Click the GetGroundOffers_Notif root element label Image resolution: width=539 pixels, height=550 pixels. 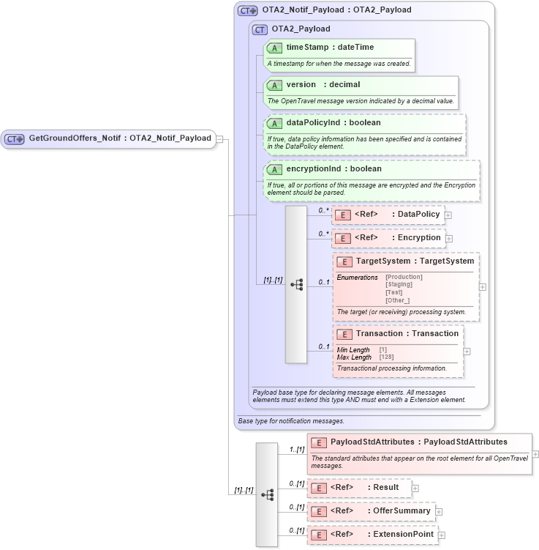(120, 138)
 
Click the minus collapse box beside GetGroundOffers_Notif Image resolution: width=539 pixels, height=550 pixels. (220, 139)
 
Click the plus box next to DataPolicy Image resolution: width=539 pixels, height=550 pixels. (448, 215)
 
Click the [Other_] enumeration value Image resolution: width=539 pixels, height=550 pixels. (397, 300)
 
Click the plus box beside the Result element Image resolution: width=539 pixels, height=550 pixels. (415, 488)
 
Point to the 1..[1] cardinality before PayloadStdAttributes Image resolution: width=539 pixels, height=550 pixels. (296, 449)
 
